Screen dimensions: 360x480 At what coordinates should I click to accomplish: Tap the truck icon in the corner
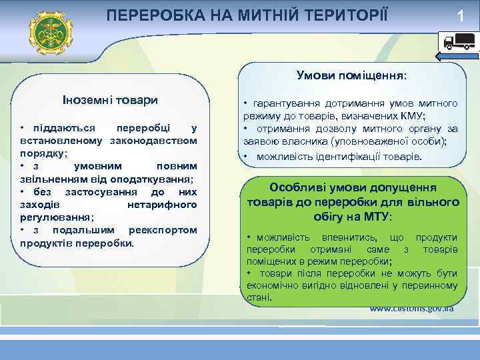458,43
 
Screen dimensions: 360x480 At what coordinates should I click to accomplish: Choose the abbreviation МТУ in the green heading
377,217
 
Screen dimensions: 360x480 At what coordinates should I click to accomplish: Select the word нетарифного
161,205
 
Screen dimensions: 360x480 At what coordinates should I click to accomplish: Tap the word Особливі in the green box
295,188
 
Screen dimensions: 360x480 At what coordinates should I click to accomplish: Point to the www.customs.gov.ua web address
412,309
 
